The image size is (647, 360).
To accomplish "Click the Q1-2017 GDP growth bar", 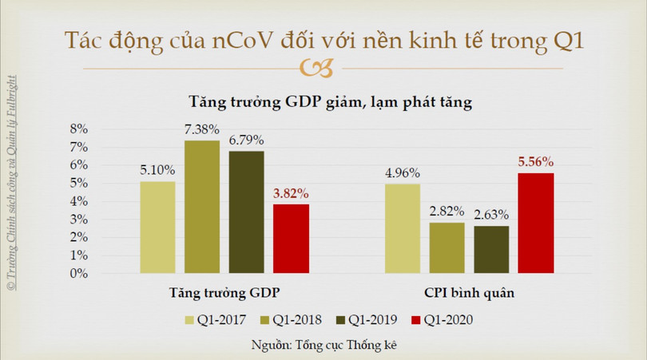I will pos(157,227).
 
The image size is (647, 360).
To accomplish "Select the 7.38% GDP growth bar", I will pos(202,207).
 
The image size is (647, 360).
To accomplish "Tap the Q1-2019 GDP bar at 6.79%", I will pos(246,212).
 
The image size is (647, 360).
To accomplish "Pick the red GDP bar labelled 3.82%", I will pos(291,239).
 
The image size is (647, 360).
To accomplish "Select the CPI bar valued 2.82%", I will pos(447,248).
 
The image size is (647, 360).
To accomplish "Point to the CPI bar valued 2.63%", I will pos(490,250).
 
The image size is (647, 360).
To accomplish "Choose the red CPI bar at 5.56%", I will pos(535,224).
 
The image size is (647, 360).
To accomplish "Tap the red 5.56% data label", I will pos(535,162).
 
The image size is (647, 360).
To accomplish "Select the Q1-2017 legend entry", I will pos(216,320).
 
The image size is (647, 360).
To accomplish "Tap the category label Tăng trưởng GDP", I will pos(224,292).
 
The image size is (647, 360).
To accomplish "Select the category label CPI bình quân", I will pos(469,292).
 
